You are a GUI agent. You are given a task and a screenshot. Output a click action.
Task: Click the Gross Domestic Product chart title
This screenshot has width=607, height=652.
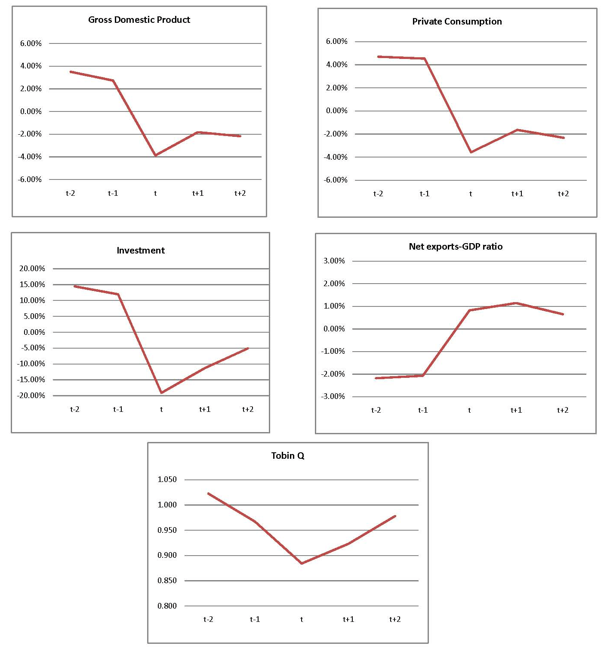[x=139, y=20]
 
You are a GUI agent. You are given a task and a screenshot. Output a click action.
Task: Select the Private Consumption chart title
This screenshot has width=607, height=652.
[x=457, y=22]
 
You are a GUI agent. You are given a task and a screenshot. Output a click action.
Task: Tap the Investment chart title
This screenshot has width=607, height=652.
[x=141, y=250]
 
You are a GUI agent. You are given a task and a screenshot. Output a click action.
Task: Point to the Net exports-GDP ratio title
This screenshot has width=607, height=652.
[x=456, y=247]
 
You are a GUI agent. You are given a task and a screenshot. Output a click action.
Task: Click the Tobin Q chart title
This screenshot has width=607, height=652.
[x=288, y=456]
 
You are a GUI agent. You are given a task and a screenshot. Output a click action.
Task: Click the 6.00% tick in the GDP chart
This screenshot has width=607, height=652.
[x=31, y=43]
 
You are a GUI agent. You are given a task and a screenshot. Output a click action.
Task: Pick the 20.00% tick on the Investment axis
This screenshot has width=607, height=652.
[x=32, y=269]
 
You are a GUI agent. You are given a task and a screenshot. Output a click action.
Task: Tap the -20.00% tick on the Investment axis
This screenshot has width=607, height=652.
[x=31, y=396]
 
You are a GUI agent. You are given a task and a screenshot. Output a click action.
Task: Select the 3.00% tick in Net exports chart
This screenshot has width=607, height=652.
[x=334, y=261]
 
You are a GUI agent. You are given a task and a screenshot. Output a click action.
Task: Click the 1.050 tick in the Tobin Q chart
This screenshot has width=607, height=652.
[x=167, y=479]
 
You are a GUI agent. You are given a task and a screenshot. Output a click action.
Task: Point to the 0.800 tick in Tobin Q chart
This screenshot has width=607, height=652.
[x=167, y=606]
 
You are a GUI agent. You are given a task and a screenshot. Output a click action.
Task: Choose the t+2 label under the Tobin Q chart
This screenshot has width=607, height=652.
[x=395, y=619]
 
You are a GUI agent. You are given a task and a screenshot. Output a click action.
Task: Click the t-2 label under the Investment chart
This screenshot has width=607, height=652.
[x=75, y=409]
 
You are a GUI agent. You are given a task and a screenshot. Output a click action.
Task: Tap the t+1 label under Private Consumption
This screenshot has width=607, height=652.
[x=517, y=194]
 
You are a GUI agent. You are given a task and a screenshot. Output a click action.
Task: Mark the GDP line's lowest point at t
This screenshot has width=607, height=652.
[x=156, y=155]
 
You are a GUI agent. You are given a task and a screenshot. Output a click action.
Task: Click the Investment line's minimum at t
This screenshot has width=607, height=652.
[x=161, y=392]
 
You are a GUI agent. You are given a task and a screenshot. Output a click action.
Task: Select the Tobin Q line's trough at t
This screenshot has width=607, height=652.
[x=302, y=563]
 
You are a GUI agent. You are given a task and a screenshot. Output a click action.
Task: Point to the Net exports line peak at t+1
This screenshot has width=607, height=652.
[x=516, y=303]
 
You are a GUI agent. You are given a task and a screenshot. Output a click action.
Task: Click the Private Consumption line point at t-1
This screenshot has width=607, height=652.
[x=425, y=59]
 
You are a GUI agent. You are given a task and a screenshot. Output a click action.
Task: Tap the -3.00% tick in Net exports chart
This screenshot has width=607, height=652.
[x=333, y=396]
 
